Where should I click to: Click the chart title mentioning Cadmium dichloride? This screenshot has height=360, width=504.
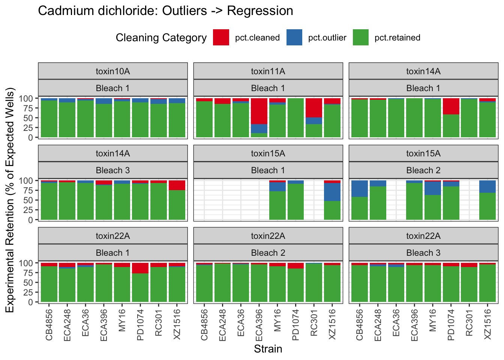pos(165,11)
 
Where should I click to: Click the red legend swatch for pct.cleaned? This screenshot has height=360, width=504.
pos(221,37)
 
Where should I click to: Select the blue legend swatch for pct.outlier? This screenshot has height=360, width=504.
pos(294,37)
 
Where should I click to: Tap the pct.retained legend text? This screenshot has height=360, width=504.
pos(397,38)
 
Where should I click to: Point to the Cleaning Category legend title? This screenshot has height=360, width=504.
pos(161,38)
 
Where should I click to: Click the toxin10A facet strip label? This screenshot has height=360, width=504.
pos(112,71)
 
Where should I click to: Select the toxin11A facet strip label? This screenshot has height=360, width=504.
pos(268,71)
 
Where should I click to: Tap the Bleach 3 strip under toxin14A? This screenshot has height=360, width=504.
pos(112,170)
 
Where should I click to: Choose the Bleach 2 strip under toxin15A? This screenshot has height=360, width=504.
pos(423,170)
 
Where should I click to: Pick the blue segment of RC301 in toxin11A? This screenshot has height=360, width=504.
pos(314,121)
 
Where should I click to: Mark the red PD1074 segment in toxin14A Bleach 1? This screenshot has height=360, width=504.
pos(451,106)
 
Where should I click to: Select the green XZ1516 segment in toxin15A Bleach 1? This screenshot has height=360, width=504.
pos(332,210)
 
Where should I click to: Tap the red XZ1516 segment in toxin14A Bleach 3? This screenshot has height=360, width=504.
pos(177,185)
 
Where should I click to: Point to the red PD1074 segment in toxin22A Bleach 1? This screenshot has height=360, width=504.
pos(140,268)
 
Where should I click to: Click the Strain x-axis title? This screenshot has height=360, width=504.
pos(268,349)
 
